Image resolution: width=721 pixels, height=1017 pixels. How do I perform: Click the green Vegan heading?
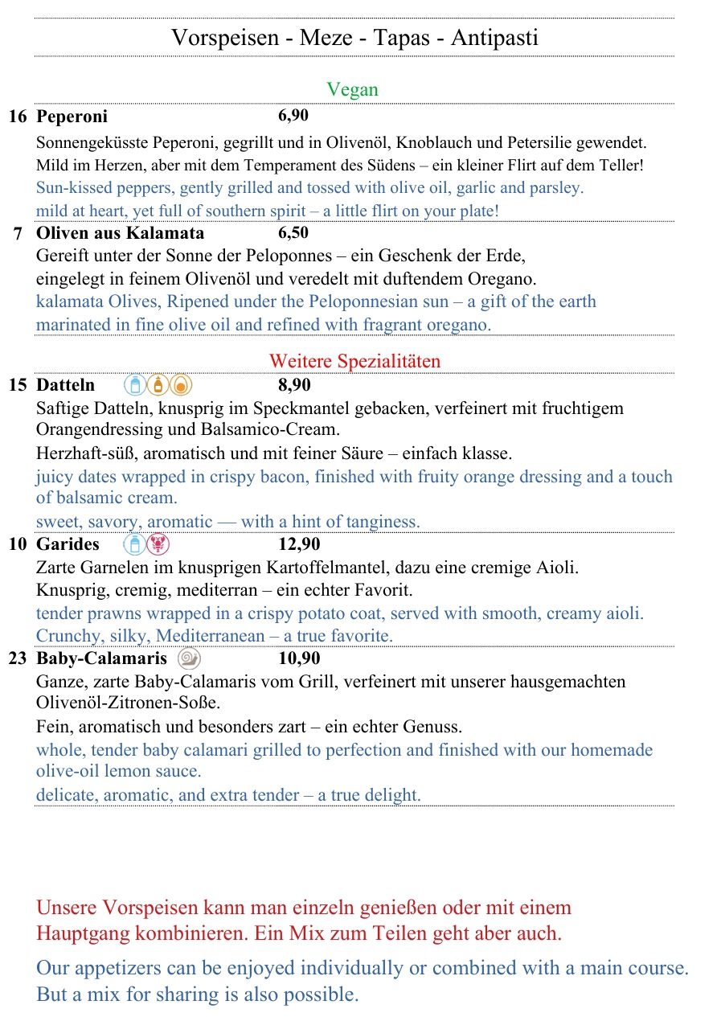click(352, 89)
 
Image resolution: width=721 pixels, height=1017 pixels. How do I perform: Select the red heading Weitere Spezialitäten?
click(354, 361)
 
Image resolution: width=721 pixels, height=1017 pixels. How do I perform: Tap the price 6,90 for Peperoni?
click(293, 116)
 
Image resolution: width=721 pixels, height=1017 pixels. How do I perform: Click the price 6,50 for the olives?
click(293, 233)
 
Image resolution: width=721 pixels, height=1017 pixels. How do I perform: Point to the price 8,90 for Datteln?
click(294, 385)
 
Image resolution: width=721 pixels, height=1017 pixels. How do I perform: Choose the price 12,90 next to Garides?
click(299, 544)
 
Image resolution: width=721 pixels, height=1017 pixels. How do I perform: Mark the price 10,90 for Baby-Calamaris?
click(299, 658)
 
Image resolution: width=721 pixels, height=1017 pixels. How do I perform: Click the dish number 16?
click(18, 117)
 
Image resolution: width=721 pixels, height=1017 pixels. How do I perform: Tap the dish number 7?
click(18, 234)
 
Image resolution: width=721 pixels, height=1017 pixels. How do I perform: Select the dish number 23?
click(18, 658)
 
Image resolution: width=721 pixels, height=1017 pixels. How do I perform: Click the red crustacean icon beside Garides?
click(158, 545)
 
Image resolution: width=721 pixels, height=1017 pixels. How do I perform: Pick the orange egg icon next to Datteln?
click(181, 385)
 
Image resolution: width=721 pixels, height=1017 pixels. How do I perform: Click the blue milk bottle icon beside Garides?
click(135, 545)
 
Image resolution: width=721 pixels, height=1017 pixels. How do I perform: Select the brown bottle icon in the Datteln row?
click(158, 385)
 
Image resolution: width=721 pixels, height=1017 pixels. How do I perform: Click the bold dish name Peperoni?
click(72, 117)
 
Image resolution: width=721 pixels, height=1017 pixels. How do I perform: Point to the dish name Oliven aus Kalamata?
click(121, 234)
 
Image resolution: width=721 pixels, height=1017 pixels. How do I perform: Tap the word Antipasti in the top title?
click(494, 38)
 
